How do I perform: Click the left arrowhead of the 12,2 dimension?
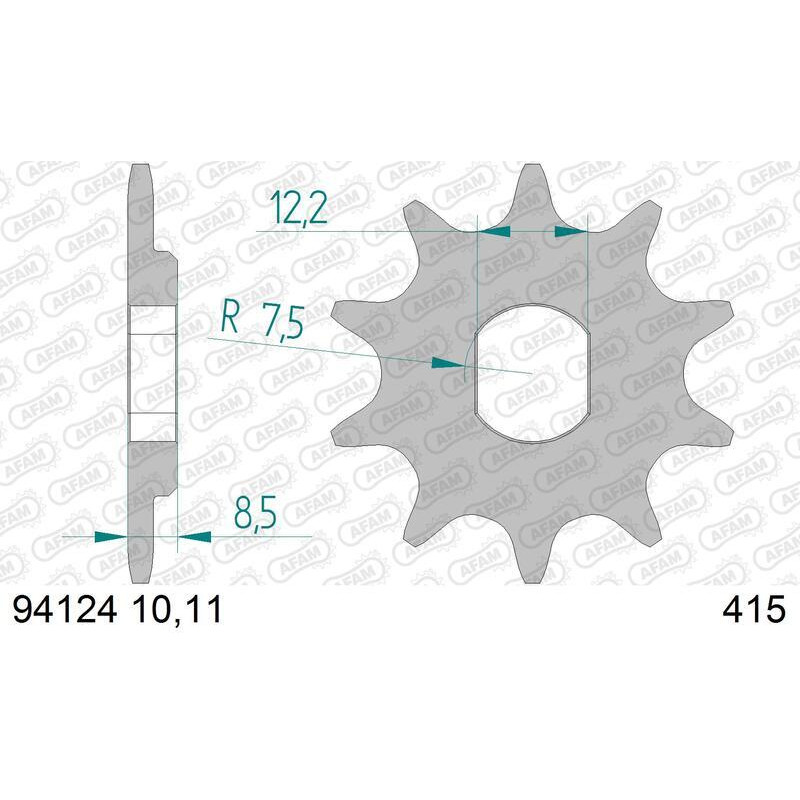(x=496, y=231)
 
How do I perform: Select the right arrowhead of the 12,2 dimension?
(x=571, y=231)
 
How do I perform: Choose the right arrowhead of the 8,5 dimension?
(x=194, y=537)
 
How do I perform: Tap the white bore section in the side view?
(x=153, y=373)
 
